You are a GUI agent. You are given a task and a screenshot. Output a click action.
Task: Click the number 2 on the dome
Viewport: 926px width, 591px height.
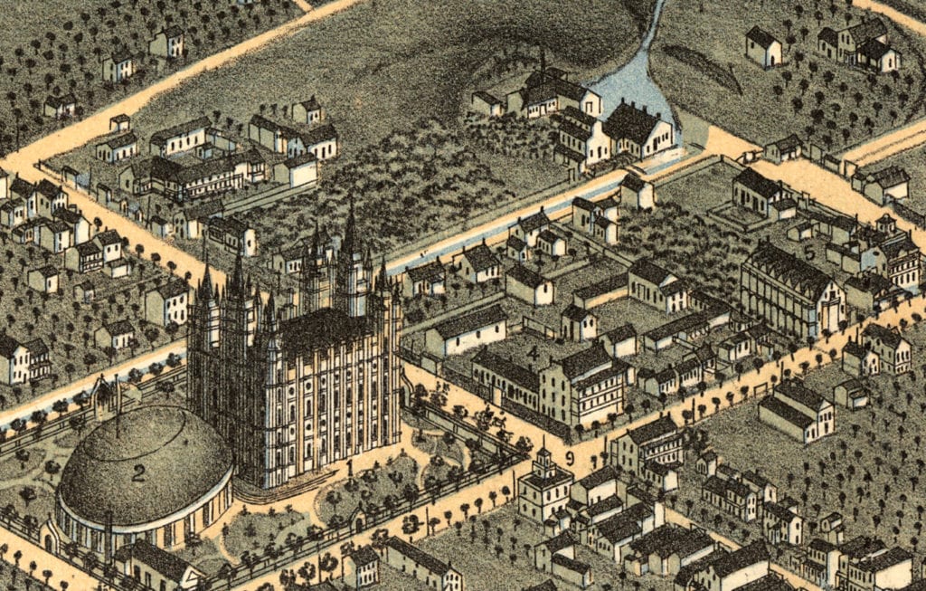point(138,472)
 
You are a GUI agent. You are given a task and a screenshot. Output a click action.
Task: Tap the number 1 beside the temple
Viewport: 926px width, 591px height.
point(350,468)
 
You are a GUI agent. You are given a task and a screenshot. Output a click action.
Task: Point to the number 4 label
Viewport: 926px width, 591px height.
point(534,351)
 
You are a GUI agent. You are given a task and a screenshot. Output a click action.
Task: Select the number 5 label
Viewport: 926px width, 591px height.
point(809,253)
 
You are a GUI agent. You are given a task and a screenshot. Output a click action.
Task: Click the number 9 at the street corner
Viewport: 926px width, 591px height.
point(569,459)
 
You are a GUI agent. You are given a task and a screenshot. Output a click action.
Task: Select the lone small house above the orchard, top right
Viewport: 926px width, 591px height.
point(762,46)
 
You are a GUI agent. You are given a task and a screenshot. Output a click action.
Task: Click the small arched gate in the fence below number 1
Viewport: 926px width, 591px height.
point(357,521)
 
